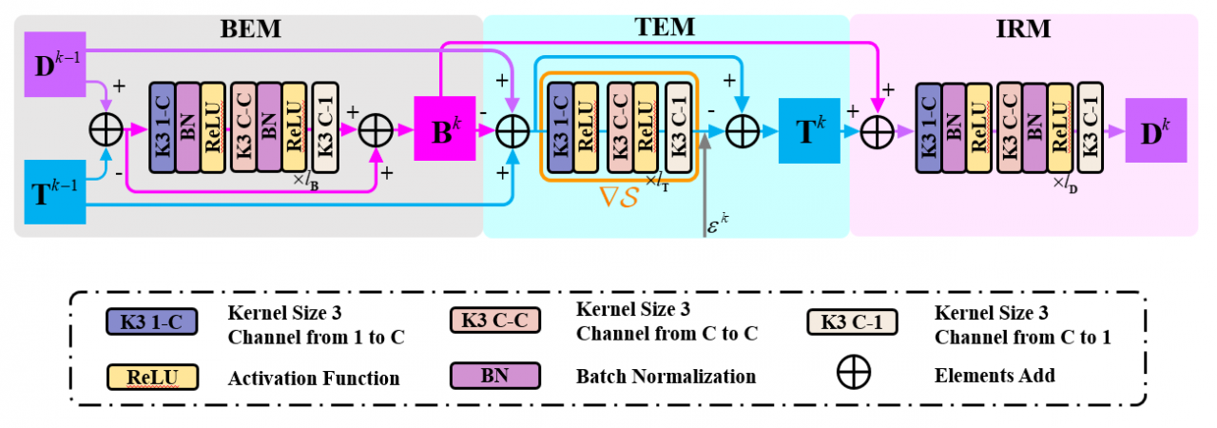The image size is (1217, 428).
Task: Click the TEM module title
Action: (666, 29)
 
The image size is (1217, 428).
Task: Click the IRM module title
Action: (1023, 29)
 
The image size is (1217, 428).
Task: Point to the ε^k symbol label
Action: (719, 227)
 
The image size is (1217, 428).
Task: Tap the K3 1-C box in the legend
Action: (151, 321)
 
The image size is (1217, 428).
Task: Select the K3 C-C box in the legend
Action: (494, 321)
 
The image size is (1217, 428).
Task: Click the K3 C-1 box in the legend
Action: (851, 321)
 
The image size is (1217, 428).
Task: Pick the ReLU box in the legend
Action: (151, 378)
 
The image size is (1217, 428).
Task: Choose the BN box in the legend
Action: (494, 376)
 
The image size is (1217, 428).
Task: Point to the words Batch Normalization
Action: (666, 377)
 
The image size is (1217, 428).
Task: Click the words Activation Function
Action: (314, 378)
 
